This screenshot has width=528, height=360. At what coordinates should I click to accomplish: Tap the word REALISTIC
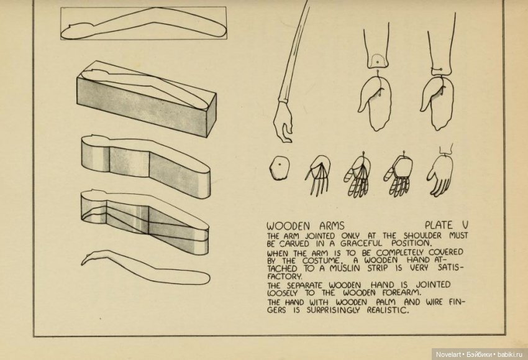(383, 310)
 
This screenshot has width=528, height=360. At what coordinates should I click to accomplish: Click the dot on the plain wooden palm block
(279, 164)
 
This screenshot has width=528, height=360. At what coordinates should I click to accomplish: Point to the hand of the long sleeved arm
(284, 124)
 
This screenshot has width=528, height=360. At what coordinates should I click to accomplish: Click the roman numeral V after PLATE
(464, 224)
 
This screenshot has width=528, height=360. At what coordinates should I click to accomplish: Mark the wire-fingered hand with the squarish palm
(398, 172)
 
